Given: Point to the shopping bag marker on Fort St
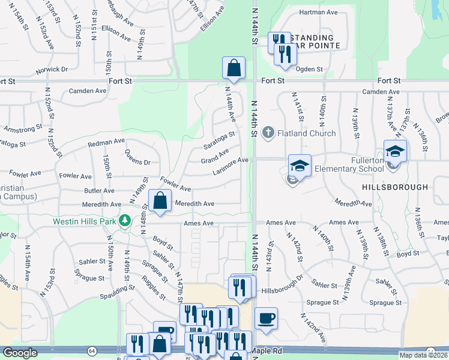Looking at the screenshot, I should (x=234, y=68).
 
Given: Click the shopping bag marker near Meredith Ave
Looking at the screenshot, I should (x=160, y=202).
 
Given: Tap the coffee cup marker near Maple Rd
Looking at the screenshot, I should (x=266, y=318).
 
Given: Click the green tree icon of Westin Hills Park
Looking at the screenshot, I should (x=125, y=220).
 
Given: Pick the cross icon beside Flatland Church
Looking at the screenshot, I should (x=268, y=133).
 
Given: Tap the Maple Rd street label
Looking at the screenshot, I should (x=267, y=350).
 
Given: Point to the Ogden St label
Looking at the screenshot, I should (x=311, y=70).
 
